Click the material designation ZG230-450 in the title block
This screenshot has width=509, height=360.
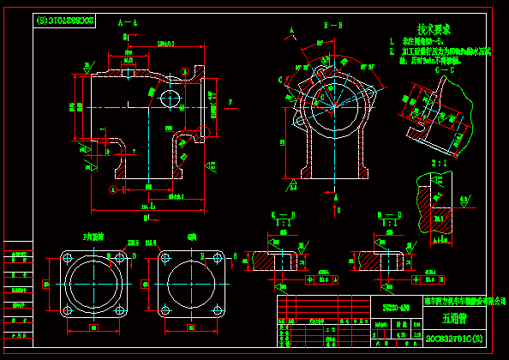click(395, 305)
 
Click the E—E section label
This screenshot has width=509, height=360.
click(283, 213)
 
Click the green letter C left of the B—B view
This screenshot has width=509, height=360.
click(281, 79)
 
